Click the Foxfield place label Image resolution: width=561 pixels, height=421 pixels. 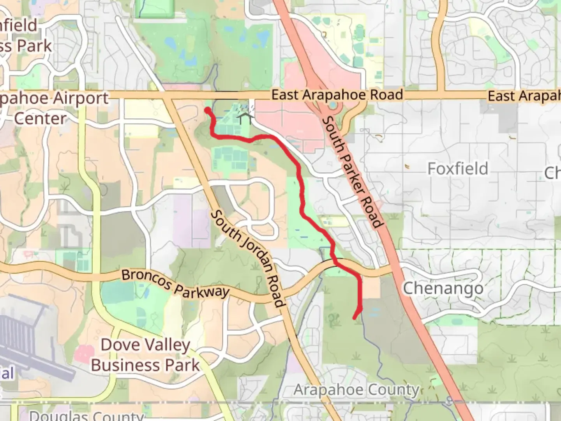point(458,169)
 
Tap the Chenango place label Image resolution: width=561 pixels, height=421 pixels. point(443,289)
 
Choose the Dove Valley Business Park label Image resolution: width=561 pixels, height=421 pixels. point(145,355)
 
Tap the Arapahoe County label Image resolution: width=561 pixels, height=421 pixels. point(356,390)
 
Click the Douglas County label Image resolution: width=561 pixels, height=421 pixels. point(86,416)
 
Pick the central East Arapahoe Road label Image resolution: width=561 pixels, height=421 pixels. point(337,95)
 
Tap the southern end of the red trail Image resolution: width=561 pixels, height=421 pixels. point(355,318)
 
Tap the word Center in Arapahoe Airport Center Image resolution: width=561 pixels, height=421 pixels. point(40,119)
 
